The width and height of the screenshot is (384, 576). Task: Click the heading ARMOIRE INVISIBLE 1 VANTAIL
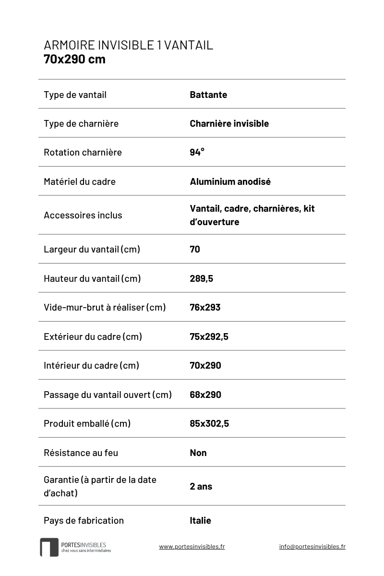click(128, 45)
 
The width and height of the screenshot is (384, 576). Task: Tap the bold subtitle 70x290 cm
click(74, 60)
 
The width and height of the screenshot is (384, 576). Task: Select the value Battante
click(208, 95)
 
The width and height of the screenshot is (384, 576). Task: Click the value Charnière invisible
click(229, 123)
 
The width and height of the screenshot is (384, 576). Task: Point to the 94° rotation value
click(197, 152)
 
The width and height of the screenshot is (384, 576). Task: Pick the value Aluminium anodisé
click(230, 181)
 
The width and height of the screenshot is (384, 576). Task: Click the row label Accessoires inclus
click(83, 215)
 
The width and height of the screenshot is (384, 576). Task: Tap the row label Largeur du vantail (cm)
click(92, 249)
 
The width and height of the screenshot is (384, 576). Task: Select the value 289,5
click(201, 278)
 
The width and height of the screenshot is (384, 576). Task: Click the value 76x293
click(205, 307)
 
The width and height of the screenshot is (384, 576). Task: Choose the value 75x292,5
click(209, 336)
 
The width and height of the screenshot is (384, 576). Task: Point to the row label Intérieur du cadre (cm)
click(91, 365)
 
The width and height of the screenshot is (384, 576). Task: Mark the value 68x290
click(205, 395)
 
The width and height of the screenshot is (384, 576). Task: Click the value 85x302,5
click(209, 423)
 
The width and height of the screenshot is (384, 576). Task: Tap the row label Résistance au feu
click(81, 453)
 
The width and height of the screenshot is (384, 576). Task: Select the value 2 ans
click(201, 486)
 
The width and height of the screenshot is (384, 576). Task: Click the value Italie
click(200, 520)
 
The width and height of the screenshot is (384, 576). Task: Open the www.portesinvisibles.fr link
click(192, 546)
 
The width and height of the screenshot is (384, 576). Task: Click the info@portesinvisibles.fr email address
click(312, 546)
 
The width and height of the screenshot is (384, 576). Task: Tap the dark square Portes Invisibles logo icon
click(49, 547)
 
